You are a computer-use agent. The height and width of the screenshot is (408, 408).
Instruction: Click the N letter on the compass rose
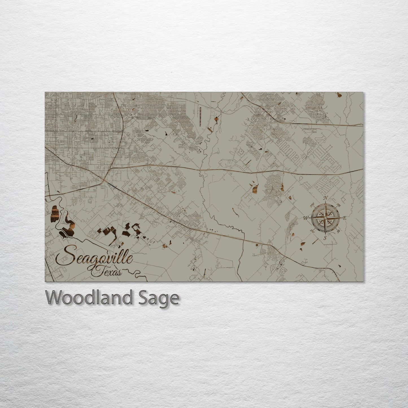point(326,197)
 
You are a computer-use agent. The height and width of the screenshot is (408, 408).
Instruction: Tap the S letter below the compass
point(325,238)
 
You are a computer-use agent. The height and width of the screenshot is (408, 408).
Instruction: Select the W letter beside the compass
point(305,218)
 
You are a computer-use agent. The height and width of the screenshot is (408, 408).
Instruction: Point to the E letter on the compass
point(344,218)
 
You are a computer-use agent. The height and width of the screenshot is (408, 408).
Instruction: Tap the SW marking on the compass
point(312,231)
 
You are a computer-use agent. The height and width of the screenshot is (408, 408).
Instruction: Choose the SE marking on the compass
point(339,231)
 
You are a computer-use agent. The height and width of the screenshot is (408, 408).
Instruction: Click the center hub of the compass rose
point(325,217)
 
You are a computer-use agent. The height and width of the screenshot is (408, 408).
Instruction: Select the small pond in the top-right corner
point(340,95)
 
